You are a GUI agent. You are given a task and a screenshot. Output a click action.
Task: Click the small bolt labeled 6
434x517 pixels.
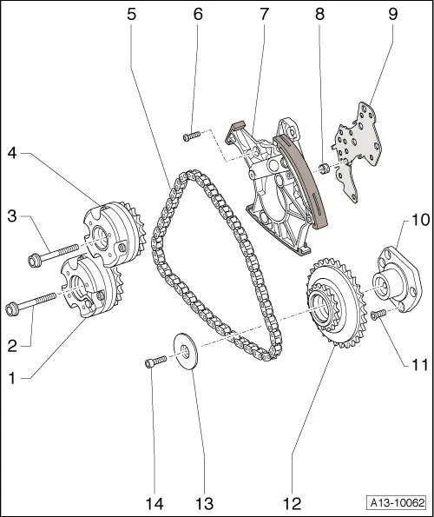[192, 135]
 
